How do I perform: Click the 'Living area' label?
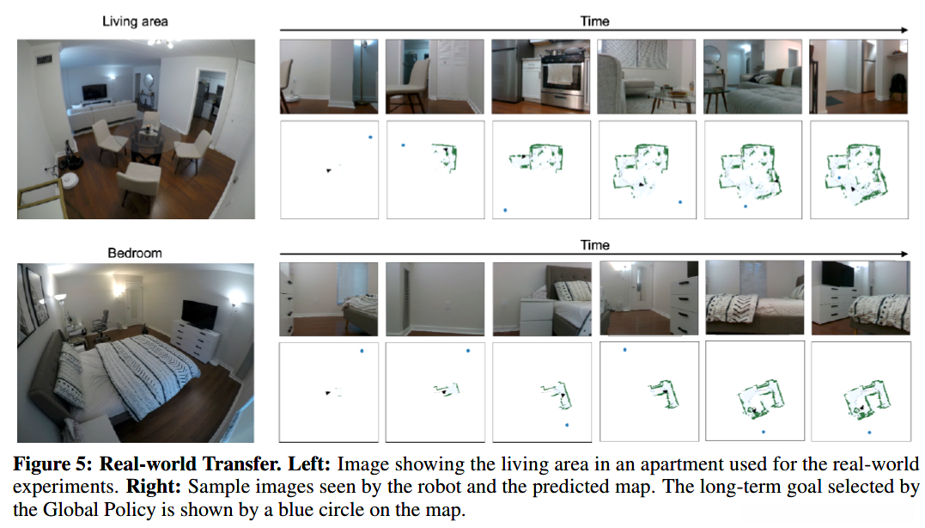coord(135,21)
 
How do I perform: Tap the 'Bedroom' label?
coord(135,254)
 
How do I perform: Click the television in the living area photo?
coord(94,90)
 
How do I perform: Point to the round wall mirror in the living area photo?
coord(149,83)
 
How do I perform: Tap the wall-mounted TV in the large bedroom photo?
coord(200,315)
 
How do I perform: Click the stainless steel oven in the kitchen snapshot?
coord(563,86)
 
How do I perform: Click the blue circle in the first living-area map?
coord(370,137)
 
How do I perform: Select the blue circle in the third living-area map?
coord(506,209)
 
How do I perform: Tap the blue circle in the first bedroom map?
coord(362,351)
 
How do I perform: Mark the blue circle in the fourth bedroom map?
coord(624,350)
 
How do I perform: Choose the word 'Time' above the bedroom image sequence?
coord(594,245)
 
